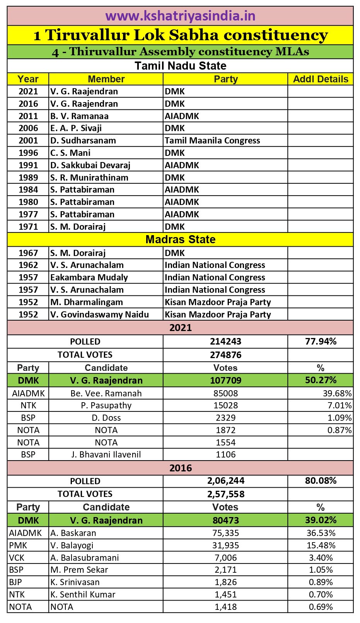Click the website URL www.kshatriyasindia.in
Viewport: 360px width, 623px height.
point(180,16)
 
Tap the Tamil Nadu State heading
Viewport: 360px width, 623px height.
point(180,65)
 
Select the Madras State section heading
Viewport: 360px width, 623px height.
point(180,239)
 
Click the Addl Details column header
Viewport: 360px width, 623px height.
point(321,79)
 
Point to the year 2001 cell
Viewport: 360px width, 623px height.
point(28,140)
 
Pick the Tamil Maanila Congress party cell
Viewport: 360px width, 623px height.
point(212,140)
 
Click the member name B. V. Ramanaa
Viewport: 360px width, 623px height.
point(79,116)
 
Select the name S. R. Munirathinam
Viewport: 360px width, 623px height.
point(89,178)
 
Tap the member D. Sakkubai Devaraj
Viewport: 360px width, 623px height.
point(90,165)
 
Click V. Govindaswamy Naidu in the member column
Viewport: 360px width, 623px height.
point(99,314)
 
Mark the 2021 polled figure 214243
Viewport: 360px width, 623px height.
point(225,341)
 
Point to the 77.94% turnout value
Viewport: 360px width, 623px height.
point(321,341)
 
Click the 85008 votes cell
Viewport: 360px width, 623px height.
point(225,393)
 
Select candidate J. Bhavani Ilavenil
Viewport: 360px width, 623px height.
point(106,454)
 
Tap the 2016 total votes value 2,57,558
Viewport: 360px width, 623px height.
point(225,494)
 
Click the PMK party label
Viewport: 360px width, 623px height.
point(18,545)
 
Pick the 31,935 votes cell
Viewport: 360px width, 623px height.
point(225,545)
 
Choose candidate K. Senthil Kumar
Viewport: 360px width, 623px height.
point(83,594)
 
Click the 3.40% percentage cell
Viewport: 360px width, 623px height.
point(321,558)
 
